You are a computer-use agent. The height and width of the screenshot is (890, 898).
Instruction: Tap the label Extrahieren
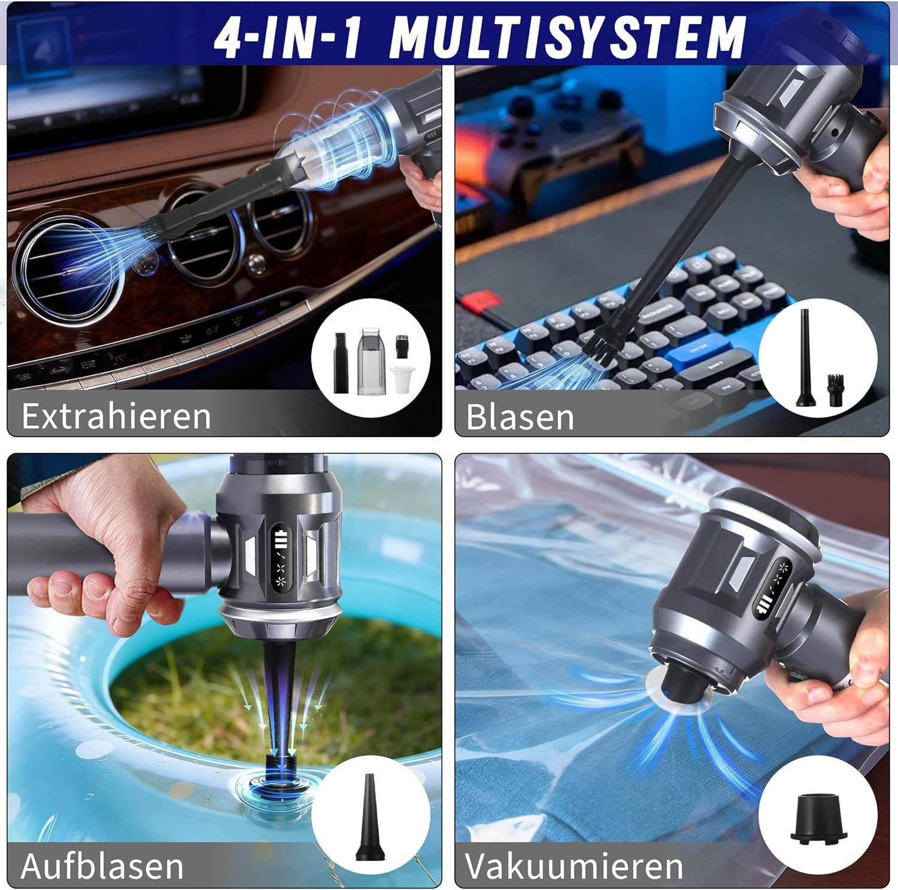coord(116,416)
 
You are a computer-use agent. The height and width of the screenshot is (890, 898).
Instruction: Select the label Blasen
coord(520,417)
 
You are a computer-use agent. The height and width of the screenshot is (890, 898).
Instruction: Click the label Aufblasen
coord(102,865)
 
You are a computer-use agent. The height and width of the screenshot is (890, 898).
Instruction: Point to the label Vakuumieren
coord(574,865)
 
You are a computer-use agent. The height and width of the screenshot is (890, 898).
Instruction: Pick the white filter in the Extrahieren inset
coord(401,379)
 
